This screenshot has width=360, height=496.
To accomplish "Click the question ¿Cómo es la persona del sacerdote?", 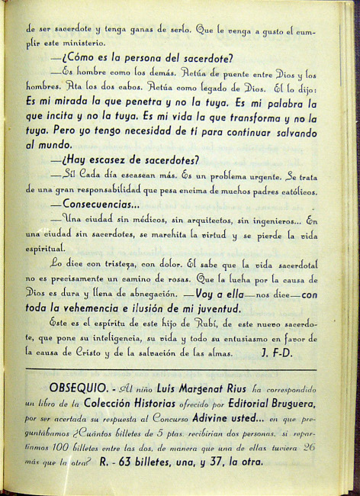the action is click(x=140, y=58).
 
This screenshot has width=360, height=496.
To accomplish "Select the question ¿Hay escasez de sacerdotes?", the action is click(x=124, y=159).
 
